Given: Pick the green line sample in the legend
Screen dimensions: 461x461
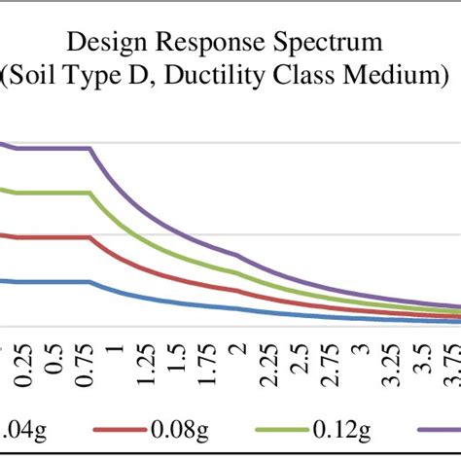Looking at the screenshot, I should click(x=266, y=426).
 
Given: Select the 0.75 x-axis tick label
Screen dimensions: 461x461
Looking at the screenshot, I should click(x=90, y=366).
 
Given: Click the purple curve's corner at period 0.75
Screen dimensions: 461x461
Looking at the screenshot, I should click(x=91, y=149).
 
